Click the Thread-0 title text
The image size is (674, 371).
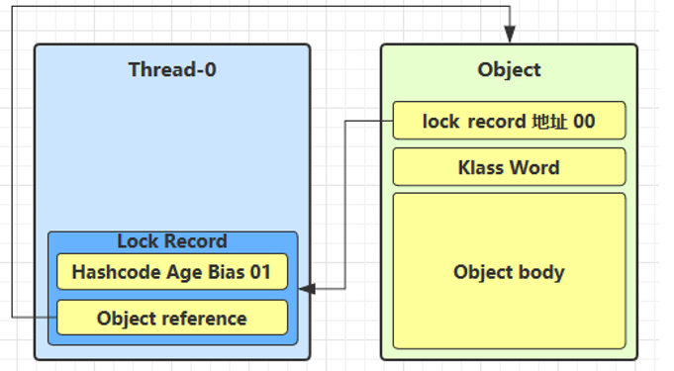172,69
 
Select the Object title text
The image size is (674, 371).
509,70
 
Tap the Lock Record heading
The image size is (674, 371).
172,241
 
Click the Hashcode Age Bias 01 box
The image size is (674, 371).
172,272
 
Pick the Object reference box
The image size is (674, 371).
172,318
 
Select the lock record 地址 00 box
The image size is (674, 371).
509,121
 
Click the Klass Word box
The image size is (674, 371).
509,167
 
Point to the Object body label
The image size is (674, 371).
509,272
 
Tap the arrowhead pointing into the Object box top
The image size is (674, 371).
510,34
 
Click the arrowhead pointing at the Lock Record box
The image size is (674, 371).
308,289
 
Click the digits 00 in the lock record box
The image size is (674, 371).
584,122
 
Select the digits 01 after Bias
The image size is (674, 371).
260,272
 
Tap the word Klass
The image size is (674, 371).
481,167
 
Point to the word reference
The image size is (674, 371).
204,319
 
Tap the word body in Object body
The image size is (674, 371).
541,272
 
